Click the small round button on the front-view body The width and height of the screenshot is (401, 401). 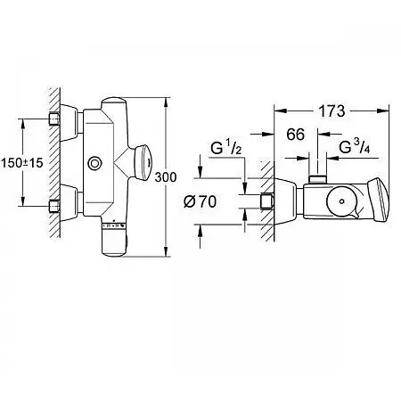click(95, 164)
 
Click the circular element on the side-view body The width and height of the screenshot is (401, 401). click(342, 201)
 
